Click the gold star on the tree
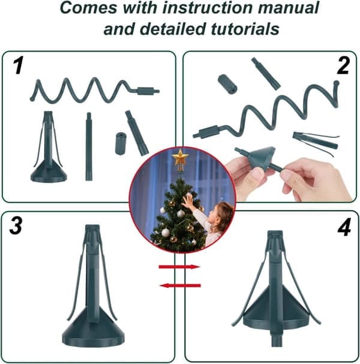tap(180, 157)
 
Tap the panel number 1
tap(17, 65)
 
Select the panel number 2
tap(343, 66)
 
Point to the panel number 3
tap(16, 225)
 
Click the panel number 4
tap(344, 227)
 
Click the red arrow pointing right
tap(179, 267)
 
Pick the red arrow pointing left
tap(180, 285)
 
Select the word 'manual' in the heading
tap(288, 7)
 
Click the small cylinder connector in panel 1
tap(121, 143)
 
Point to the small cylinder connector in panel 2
tap(227, 84)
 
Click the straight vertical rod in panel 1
tap(89, 146)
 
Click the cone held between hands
tap(262, 158)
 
